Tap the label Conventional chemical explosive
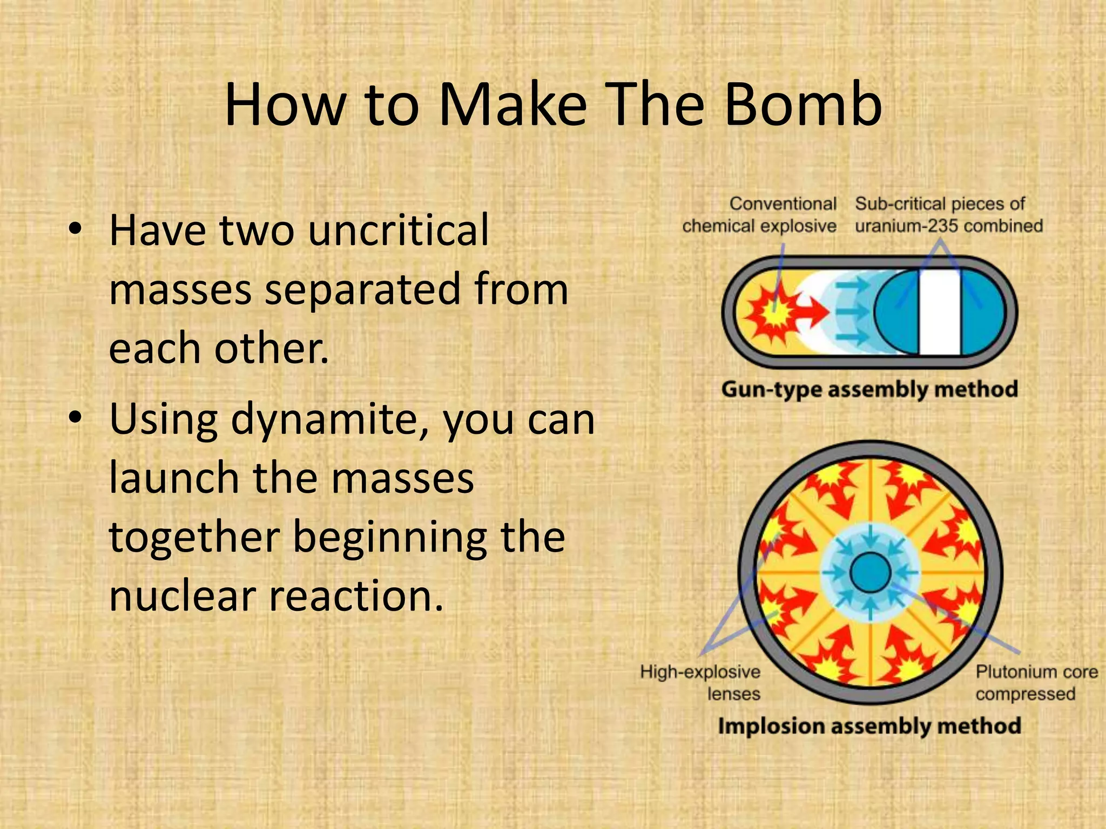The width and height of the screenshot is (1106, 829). click(759, 215)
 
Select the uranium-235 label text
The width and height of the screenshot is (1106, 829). click(948, 215)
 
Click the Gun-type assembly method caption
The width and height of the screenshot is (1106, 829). click(869, 389)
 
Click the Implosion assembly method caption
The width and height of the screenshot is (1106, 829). click(869, 726)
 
